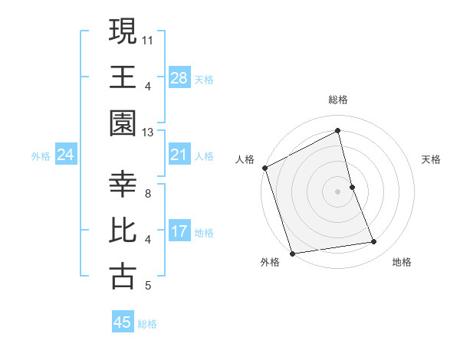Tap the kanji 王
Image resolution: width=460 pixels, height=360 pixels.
coord(123,78)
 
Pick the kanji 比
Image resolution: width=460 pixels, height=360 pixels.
coord(123,231)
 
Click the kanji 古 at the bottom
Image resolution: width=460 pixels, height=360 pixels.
coord(123,277)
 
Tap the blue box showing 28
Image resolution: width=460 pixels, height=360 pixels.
coord(179,77)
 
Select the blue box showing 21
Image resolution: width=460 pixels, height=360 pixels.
coord(179,155)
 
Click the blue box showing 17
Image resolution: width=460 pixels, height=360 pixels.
coord(179,232)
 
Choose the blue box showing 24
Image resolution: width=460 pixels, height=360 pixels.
coord(66,155)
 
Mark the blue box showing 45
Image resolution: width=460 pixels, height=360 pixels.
coord(123,322)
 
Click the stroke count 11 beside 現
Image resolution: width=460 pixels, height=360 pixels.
coord(148,39)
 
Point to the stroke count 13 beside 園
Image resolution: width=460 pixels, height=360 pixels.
coord(148,133)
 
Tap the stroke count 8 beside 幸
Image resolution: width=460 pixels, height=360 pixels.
coord(148,194)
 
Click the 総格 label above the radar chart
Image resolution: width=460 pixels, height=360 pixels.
coord(338,100)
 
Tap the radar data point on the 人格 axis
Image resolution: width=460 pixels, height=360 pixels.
coord(264,168)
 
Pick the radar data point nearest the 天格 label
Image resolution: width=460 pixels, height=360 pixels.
coord(352,186)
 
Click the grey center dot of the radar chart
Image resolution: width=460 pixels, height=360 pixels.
coord(338,191)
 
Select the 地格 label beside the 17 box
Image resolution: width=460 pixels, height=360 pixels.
coord(204,233)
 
